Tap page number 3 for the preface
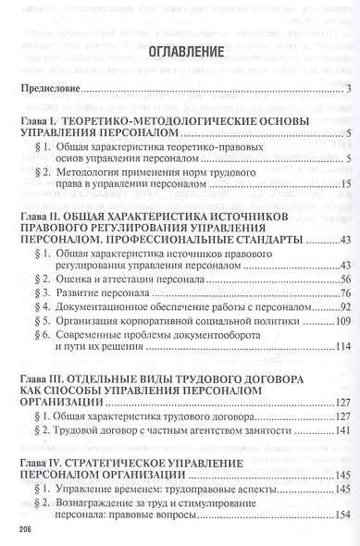coord(345,89)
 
